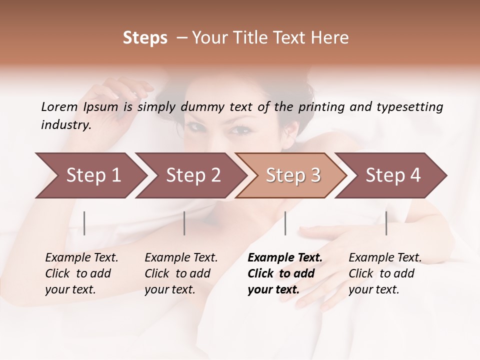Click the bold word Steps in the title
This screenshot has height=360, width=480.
click(x=145, y=38)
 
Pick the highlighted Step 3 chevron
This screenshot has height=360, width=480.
click(x=293, y=175)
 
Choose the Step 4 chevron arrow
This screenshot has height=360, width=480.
click(x=393, y=175)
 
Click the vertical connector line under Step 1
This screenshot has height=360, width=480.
click(x=84, y=223)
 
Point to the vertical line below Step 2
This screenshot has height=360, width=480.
click(x=184, y=223)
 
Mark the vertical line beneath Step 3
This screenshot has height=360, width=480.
click(x=285, y=223)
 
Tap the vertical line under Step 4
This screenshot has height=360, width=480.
click(x=386, y=223)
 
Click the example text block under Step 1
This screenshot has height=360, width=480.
click(x=81, y=273)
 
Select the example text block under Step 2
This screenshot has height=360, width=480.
click(x=181, y=273)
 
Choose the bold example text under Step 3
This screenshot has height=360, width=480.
click(x=285, y=273)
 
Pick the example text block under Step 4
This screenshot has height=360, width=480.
click(x=385, y=273)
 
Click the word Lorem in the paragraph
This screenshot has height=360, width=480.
click(x=59, y=106)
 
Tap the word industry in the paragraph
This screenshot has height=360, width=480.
click(x=66, y=125)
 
